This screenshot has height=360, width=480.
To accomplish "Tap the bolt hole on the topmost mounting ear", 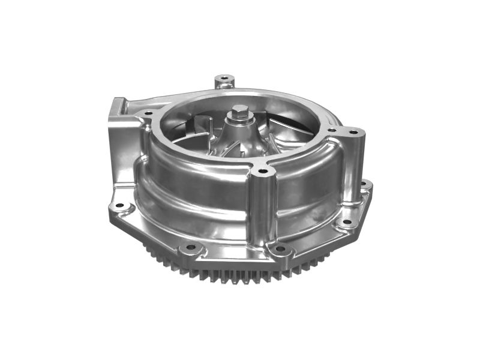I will (224, 78).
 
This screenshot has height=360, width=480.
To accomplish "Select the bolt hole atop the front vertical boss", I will (262, 172).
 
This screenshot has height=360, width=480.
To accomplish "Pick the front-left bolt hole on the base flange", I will (191, 247).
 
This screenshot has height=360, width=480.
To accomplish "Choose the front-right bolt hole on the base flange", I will (280, 248).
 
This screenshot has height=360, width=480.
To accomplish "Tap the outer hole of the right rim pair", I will (353, 131).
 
